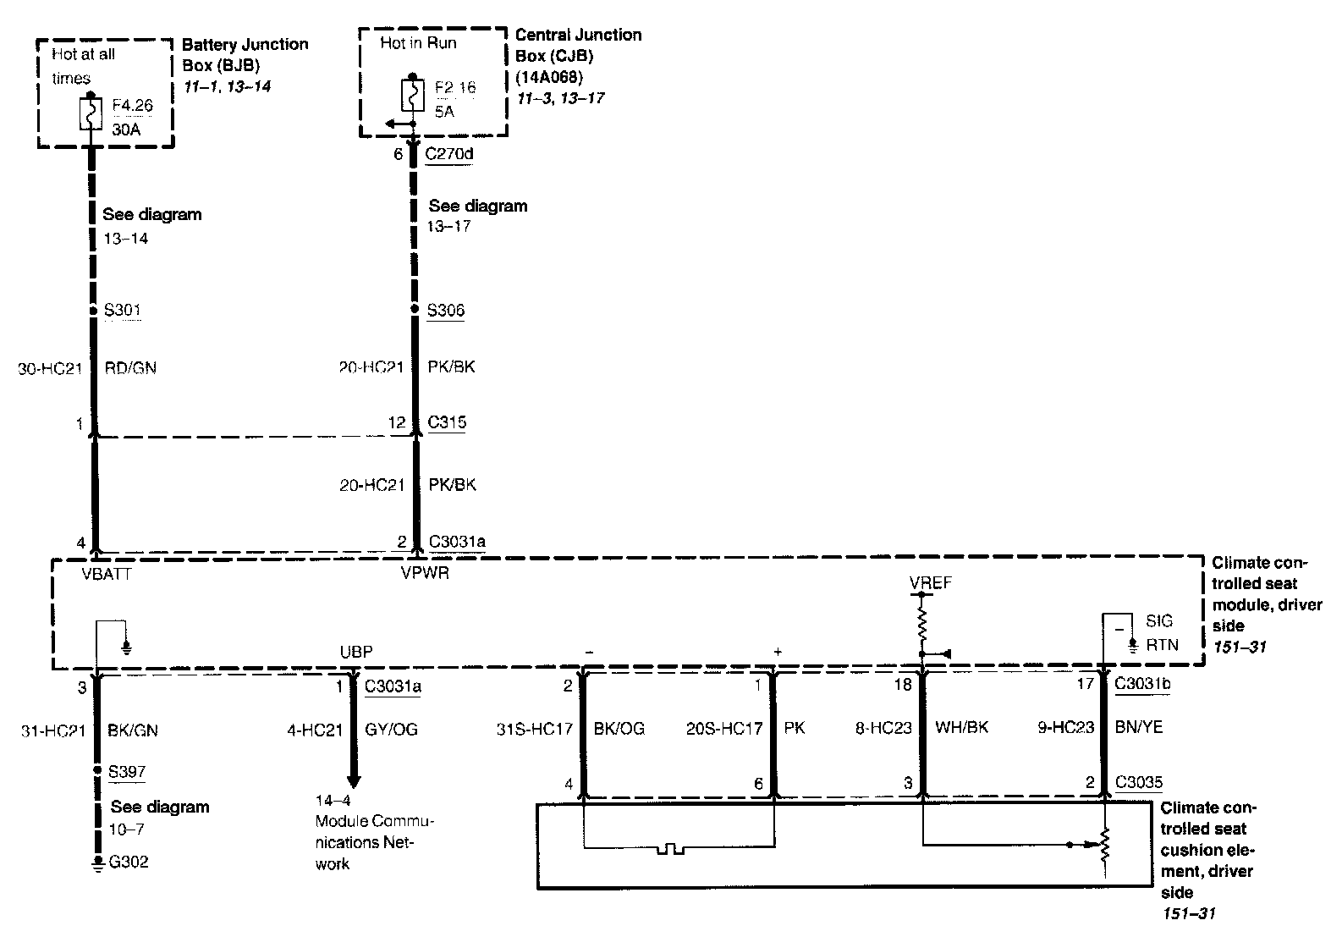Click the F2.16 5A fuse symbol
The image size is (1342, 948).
point(413,94)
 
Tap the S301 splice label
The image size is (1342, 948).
point(123,311)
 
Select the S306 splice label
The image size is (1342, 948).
point(446,311)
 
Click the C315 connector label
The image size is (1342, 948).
point(448,422)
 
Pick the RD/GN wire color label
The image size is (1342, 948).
point(130,368)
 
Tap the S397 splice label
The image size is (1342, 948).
point(127,772)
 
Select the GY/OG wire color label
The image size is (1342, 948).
point(390,730)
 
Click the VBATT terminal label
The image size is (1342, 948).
point(107,573)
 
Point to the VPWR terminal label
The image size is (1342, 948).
point(425,573)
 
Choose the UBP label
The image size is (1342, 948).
point(355,652)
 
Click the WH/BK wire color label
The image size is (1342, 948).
point(962,727)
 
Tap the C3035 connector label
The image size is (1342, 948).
point(1139,782)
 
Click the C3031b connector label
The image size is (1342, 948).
point(1142,684)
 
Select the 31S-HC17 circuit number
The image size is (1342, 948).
point(535,728)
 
